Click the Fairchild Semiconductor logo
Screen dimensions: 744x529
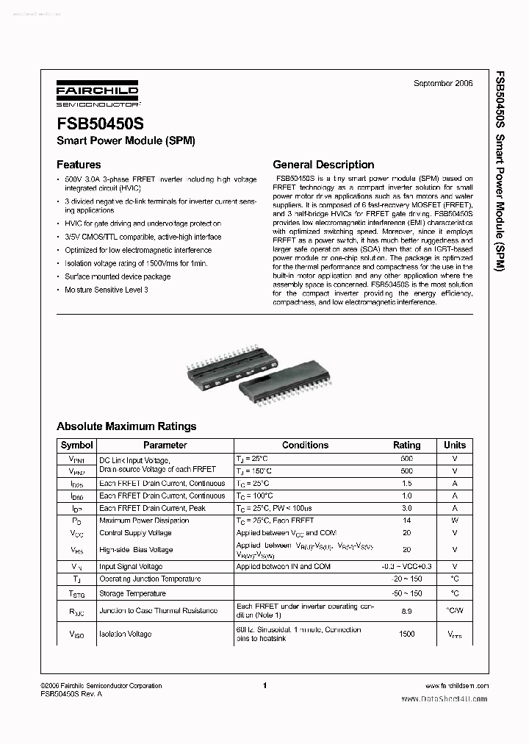(97, 96)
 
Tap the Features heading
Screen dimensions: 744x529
(79, 165)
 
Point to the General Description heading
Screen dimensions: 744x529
(323, 165)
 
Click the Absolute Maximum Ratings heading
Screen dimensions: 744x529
(126, 426)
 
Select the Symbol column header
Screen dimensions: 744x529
(76, 445)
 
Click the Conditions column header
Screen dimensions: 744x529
(305, 445)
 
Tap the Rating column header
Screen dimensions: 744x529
(407, 445)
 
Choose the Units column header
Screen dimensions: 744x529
(455, 445)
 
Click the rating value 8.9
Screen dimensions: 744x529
(407, 611)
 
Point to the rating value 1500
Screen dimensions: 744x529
(407, 634)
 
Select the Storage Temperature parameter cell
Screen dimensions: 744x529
(132, 593)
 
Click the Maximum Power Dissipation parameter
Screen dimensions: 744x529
(145, 521)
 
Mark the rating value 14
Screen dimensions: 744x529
(407, 521)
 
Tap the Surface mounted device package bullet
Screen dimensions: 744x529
(118, 276)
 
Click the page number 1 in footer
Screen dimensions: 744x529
(264, 685)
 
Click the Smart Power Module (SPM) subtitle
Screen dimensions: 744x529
(126, 140)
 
